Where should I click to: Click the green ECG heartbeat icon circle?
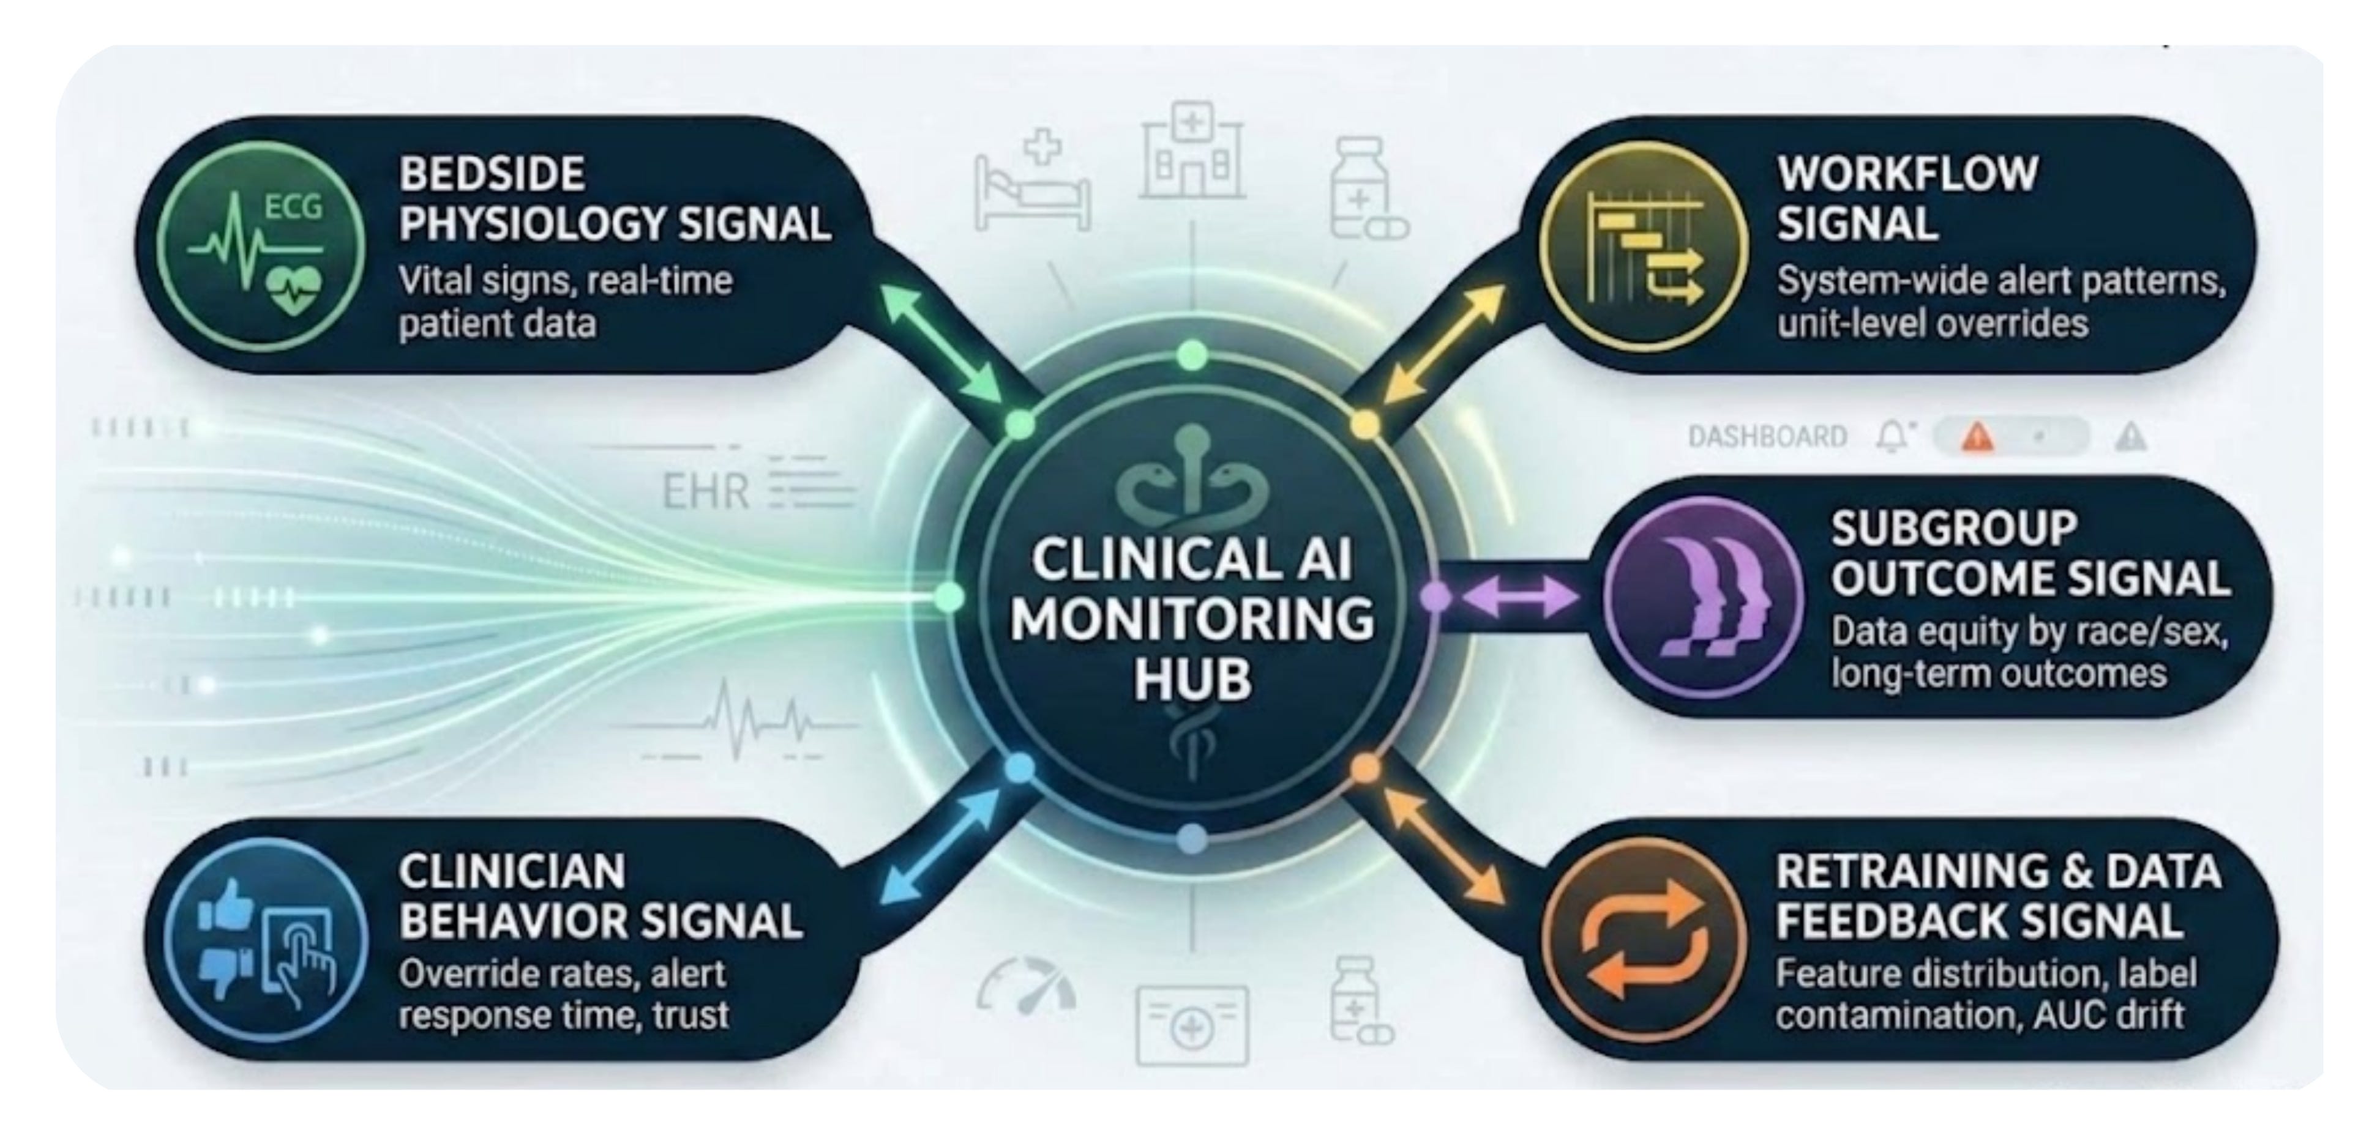(x=260, y=247)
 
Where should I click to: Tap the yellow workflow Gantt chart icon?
(x=1644, y=247)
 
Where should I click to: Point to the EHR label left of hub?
(x=705, y=492)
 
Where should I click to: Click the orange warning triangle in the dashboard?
(x=1977, y=437)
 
